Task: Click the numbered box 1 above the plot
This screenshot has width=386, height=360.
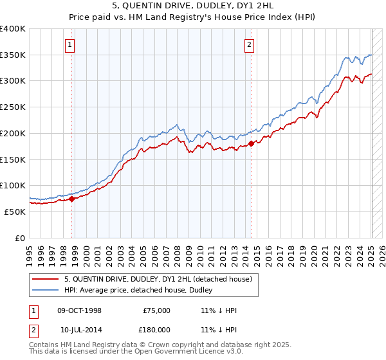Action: tap(69, 44)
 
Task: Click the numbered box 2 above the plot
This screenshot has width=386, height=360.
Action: tap(249, 44)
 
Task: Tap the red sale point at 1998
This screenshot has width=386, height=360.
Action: tap(72, 199)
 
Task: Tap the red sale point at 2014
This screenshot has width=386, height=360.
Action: tap(252, 144)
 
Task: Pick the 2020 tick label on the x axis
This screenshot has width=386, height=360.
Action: tap(314, 251)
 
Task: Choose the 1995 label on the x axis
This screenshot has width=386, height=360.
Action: tap(30, 251)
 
